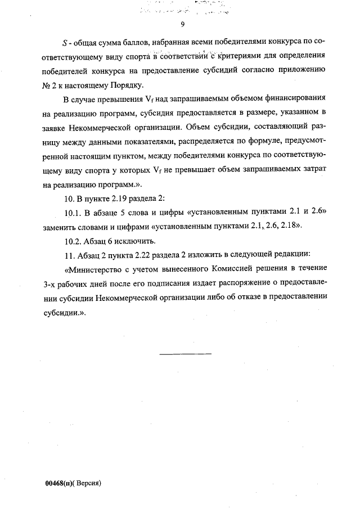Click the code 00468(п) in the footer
[x=59, y=483]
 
